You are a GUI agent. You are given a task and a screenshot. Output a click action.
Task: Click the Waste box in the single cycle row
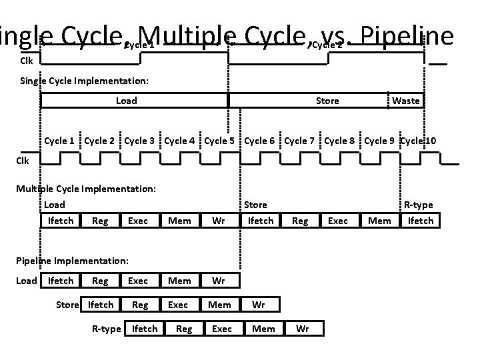click(x=406, y=101)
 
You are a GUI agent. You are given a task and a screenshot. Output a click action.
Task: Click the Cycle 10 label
click(x=419, y=141)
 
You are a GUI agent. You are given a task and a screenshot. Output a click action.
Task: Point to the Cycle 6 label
click(x=259, y=141)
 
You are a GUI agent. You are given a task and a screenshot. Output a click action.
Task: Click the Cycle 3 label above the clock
click(x=139, y=141)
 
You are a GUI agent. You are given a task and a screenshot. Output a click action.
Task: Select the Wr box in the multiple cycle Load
click(x=218, y=221)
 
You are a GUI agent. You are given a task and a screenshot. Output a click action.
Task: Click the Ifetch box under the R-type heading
click(x=420, y=221)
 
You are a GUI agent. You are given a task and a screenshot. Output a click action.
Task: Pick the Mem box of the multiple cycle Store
click(x=379, y=221)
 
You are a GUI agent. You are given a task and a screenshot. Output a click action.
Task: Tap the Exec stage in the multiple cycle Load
click(x=138, y=221)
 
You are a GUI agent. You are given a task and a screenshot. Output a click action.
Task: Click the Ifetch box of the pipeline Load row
click(x=61, y=281)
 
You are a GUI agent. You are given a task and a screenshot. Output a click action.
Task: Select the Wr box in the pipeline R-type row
click(x=302, y=329)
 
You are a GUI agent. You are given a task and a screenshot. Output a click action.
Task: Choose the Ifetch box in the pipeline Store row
click(x=101, y=305)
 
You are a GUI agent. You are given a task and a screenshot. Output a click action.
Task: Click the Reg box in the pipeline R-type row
click(x=184, y=329)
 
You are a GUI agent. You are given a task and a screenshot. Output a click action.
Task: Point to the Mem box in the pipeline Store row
click(x=219, y=305)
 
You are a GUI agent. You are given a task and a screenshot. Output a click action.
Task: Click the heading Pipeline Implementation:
click(x=72, y=261)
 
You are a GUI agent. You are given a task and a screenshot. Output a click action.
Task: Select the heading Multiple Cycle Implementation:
click(x=86, y=189)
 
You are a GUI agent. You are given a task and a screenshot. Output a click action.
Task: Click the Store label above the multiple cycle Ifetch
click(x=255, y=205)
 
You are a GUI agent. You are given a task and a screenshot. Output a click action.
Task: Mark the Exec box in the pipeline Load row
click(x=138, y=281)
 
